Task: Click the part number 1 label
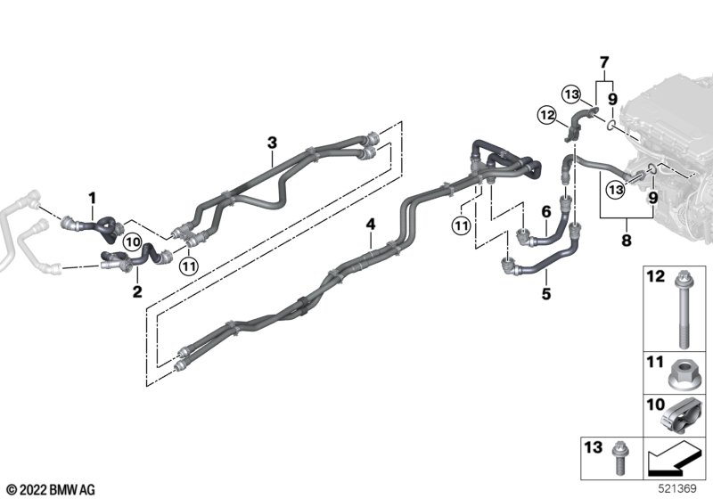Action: coord(90,195)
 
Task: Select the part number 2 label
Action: coord(136,290)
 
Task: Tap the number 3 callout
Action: coord(273,143)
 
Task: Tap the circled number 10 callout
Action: coord(132,240)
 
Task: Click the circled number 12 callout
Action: coord(546,113)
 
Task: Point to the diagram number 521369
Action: coord(683,489)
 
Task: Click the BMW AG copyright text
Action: coord(49,489)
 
